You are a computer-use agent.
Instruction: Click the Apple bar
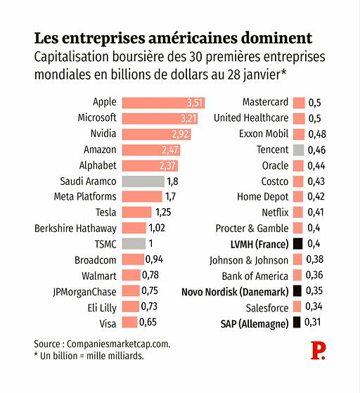pos(163,103)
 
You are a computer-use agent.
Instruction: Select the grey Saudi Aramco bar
pos(143,181)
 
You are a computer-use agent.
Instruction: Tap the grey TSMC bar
pos(134,244)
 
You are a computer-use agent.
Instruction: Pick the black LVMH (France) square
pos(298,244)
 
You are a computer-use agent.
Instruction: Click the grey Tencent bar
pos(299,150)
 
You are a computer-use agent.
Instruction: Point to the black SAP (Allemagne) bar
pos(297,322)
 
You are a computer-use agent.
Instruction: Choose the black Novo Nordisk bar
pos(297,291)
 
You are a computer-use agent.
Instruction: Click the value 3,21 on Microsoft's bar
pos(188,119)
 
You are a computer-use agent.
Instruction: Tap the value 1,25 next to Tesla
pos(163,212)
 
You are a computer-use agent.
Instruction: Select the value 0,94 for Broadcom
pos(154,259)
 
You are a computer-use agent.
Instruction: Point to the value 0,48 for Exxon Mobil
pos(317,134)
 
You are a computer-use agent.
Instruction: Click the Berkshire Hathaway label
pos(75,228)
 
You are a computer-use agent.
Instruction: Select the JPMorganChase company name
pos(85,292)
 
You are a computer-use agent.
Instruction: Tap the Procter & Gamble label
pos(252,228)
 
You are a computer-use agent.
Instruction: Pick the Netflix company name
pos(275,212)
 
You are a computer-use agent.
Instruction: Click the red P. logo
pos(318,350)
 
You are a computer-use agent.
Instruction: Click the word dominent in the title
pos(277,38)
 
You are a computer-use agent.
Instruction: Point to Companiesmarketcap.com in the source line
pos(119,344)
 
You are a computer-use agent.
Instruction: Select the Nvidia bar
pos(156,134)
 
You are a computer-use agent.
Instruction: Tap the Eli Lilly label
pos(102,308)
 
